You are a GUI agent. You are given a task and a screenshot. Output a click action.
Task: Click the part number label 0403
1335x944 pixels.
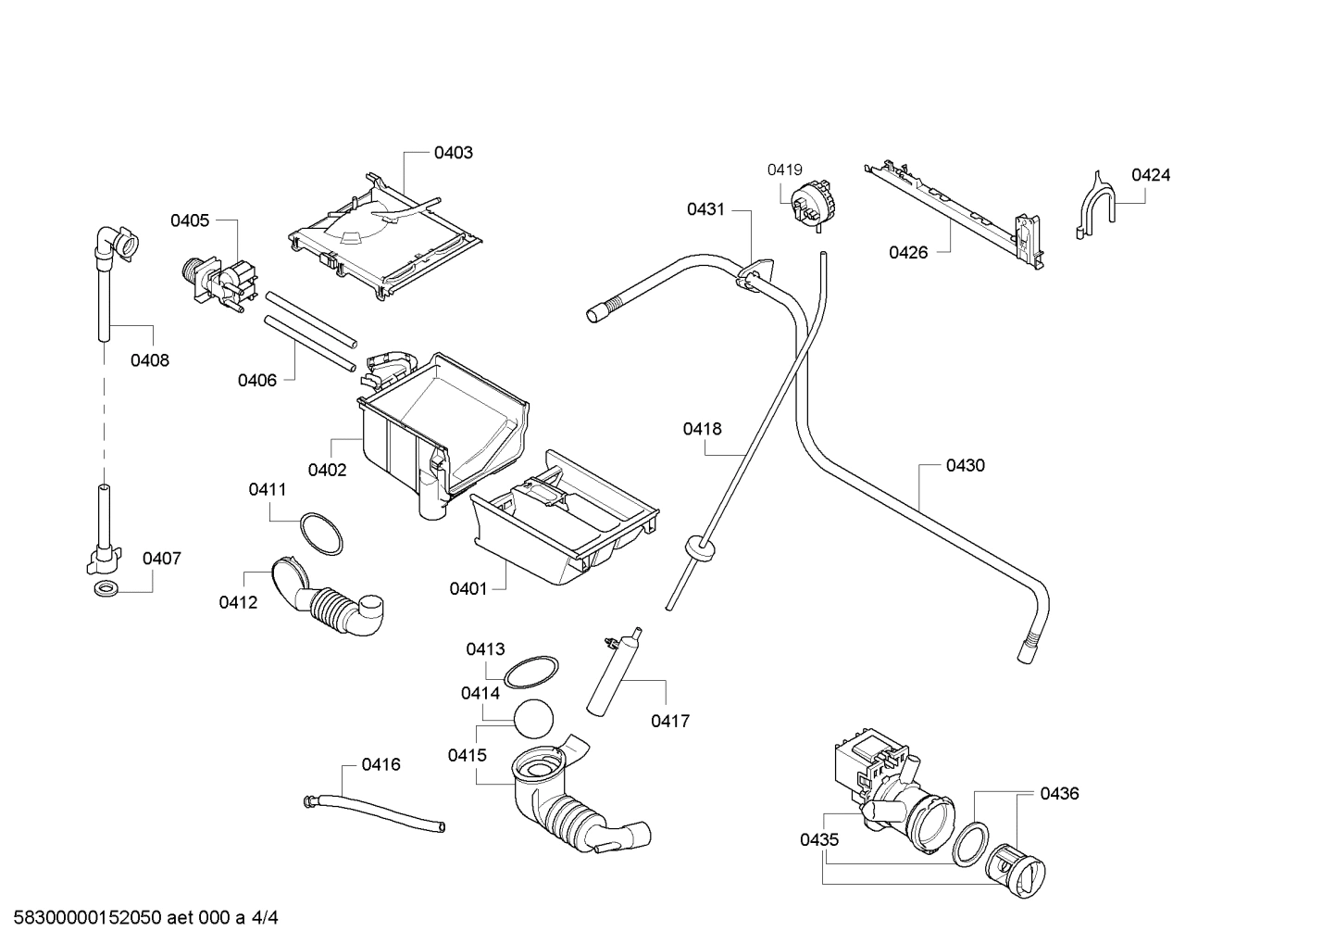tap(453, 153)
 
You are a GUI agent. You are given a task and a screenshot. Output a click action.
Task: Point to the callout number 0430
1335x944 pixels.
tap(965, 466)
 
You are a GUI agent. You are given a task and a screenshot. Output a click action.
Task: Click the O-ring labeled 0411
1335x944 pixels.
tap(320, 533)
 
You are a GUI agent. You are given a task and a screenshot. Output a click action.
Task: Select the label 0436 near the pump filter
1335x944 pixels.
tap(1059, 794)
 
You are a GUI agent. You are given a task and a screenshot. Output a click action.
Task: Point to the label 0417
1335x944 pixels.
tap(669, 721)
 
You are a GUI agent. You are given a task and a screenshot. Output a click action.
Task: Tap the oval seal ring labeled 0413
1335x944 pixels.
tap(531, 671)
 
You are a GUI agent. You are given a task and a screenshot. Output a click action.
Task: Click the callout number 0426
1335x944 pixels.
tap(908, 252)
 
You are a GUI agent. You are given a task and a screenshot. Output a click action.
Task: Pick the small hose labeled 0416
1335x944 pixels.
tap(375, 810)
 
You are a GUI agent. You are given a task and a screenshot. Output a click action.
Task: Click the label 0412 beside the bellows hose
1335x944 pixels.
tap(238, 603)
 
